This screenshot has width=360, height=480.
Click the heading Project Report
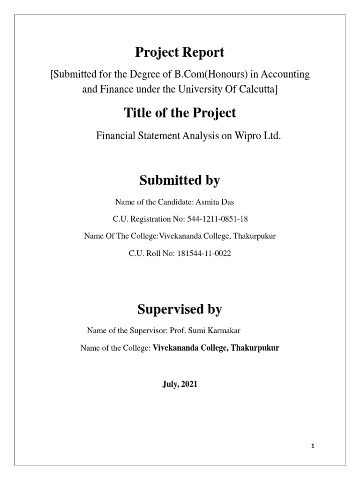click(180, 53)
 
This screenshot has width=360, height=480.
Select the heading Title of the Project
click(180, 113)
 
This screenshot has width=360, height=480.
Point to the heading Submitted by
click(180, 180)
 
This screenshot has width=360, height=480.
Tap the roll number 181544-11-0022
click(204, 253)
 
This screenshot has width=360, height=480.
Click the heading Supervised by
click(180, 309)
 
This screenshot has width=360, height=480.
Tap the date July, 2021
click(180, 384)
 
